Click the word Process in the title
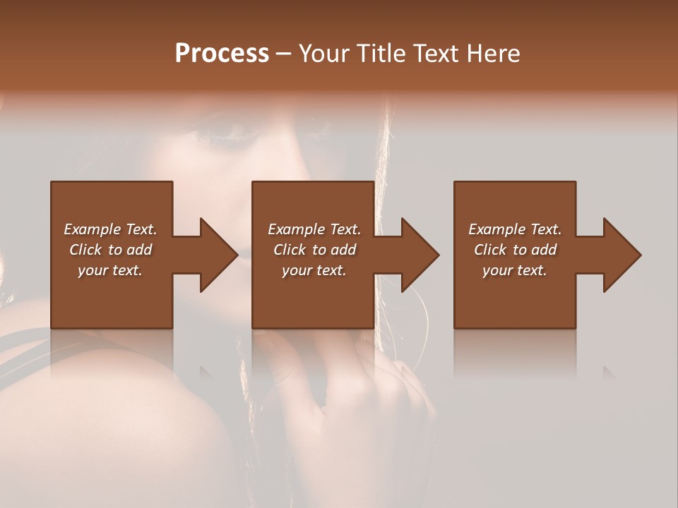coord(222,54)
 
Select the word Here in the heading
coord(494,54)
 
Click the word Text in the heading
coord(436,54)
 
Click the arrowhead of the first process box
coord(218,255)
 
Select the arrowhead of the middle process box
coord(420,255)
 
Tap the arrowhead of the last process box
coord(621,255)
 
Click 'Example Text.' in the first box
coord(110,229)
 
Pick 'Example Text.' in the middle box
coord(314,229)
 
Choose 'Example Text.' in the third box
coord(515,229)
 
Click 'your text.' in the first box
coord(110,270)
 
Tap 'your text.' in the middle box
coord(314,270)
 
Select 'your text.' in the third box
coord(515,270)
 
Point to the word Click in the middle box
coord(290,250)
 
